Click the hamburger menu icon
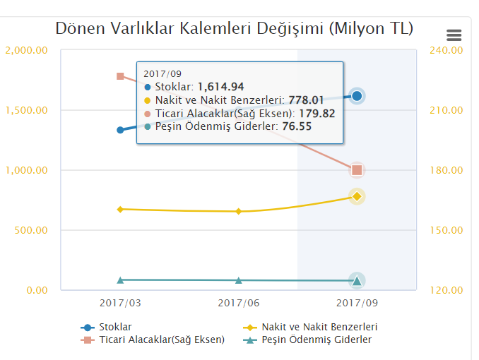point(454,35)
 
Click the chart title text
point(235,29)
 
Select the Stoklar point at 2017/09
point(357,96)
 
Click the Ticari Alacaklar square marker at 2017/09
point(357,169)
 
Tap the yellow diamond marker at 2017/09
point(357,196)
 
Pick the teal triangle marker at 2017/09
point(357,281)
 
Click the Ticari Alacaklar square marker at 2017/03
point(120,76)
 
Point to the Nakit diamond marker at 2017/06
point(239,211)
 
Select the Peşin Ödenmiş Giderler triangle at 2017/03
point(120,280)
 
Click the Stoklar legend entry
point(113,328)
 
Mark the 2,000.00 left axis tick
point(27,51)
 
